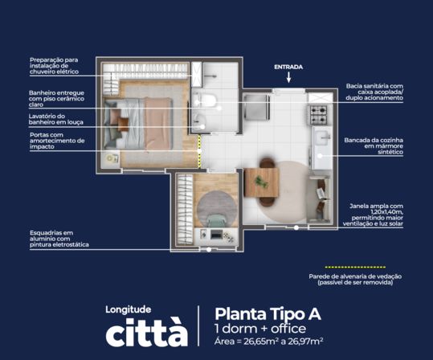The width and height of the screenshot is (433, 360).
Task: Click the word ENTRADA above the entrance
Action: [x=288, y=67]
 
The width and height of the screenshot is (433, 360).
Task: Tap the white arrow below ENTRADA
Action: [x=288, y=77]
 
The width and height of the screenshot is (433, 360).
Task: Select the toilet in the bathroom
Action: [x=204, y=100]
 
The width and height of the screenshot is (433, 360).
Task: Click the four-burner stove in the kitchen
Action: [x=318, y=115]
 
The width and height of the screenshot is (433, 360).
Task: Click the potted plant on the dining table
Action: [x=261, y=182]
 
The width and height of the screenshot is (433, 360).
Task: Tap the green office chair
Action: [x=217, y=221]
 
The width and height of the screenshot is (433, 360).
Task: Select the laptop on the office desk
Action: [x=217, y=235]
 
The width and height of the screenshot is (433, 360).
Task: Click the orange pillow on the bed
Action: [x=123, y=124]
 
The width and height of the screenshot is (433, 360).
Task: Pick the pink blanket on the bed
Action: [x=157, y=124]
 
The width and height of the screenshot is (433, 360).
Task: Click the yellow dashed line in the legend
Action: [x=355, y=267]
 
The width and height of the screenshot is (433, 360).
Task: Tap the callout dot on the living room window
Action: [x=296, y=227]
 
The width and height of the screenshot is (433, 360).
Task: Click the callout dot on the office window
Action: [x=209, y=249]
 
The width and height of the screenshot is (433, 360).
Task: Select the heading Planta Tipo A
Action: [x=268, y=314]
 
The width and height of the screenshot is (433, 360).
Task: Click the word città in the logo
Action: [x=147, y=332]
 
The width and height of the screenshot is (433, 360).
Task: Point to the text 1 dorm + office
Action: [x=260, y=329]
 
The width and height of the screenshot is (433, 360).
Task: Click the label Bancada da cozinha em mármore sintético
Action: [x=374, y=146]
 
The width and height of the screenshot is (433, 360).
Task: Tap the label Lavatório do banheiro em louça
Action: [x=56, y=119]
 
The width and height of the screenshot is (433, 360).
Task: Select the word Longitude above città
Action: [x=129, y=309]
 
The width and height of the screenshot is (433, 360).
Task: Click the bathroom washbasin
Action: [x=199, y=121]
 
